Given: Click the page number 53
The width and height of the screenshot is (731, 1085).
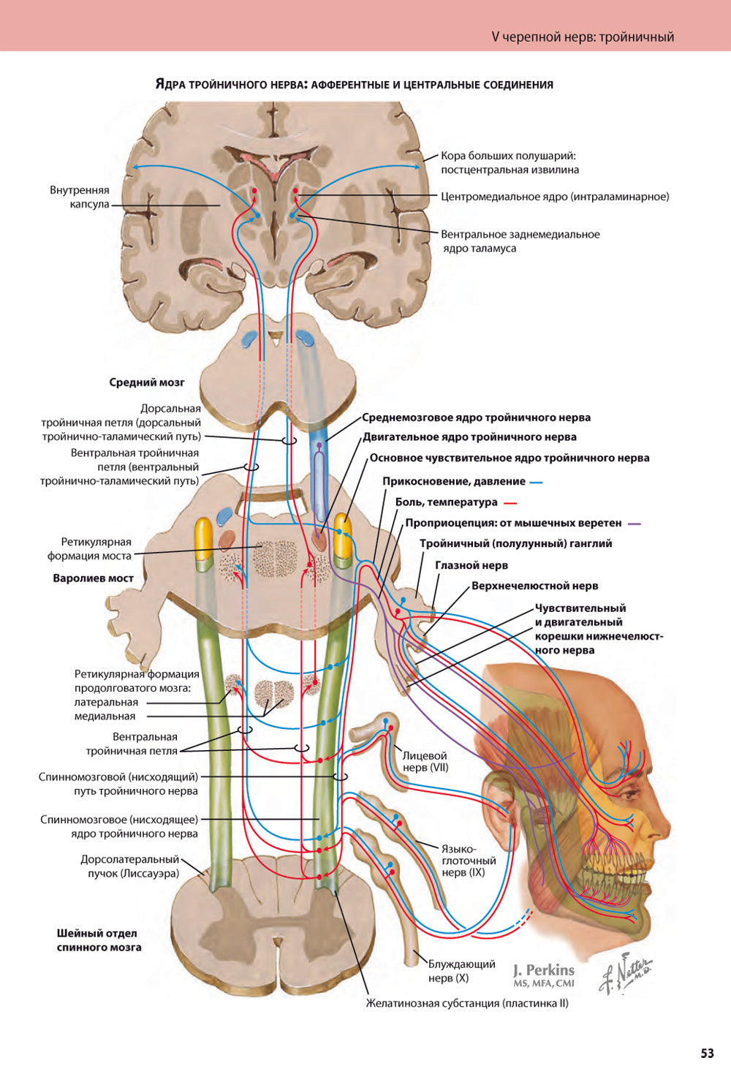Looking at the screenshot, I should pyautogui.click(x=707, y=1054).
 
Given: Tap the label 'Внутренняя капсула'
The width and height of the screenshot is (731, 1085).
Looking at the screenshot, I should pyautogui.click(x=80, y=197).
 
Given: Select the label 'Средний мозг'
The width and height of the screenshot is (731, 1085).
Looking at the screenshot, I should pyautogui.click(x=147, y=382).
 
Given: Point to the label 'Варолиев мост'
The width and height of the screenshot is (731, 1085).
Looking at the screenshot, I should pyautogui.click(x=94, y=578).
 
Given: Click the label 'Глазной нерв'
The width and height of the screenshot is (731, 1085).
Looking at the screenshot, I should pyautogui.click(x=471, y=565).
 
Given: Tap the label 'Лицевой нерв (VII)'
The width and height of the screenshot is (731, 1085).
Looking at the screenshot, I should pyautogui.click(x=425, y=762).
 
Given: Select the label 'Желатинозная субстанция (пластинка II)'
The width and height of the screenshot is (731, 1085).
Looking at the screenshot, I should pyautogui.click(x=467, y=1003).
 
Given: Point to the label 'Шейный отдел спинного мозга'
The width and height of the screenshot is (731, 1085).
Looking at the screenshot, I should pyautogui.click(x=99, y=940).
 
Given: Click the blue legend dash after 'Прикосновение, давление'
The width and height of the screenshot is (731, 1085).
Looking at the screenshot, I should pyautogui.click(x=536, y=483).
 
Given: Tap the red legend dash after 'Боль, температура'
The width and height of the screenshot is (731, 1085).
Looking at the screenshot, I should pyautogui.click(x=510, y=503).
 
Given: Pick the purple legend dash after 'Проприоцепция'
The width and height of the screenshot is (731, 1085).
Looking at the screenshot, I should pyautogui.click(x=635, y=523).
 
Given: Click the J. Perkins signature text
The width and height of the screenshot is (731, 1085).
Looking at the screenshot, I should pyautogui.click(x=543, y=971).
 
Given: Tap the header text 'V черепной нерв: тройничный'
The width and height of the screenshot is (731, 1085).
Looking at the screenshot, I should pyautogui.click(x=583, y=37).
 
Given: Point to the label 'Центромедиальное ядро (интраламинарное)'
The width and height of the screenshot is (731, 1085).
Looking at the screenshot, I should pyautogui.click(x=555, y=197).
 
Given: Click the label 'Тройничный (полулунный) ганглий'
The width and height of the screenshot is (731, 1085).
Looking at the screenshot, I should pyautogui.click(x=515, y=544).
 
